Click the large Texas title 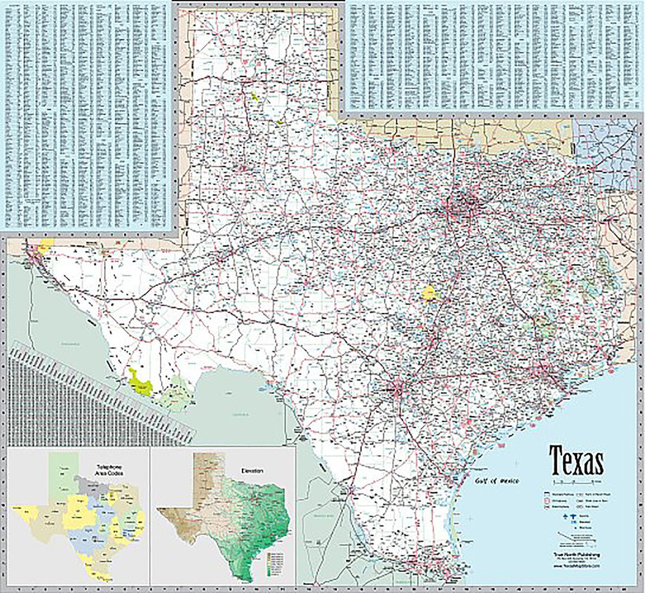pyautogui.click(x=576, y=460)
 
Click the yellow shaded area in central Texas pyautogui.click(x=429, y=293)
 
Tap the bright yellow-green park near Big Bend pyautogui.click(x=140, y=382)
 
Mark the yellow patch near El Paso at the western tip pyautogui.click(x=45, y=244)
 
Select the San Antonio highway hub pyautogui.click(x=395, y=391)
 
